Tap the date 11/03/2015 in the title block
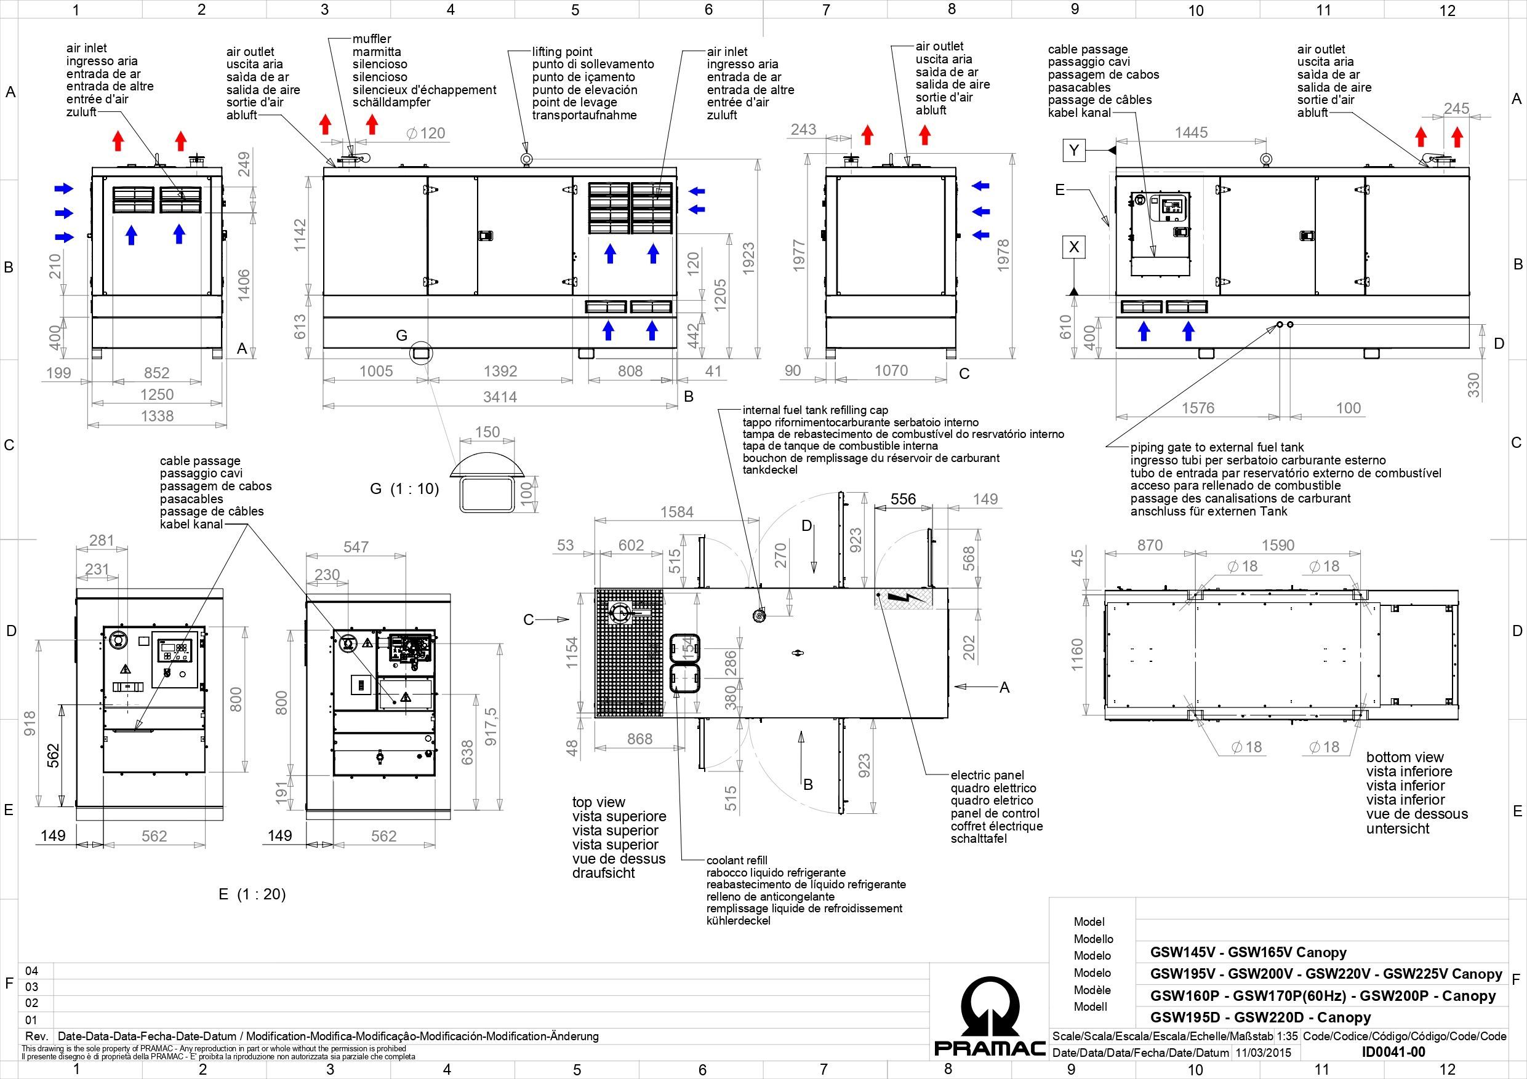(x=1263, y=1053)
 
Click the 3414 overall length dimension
(x=500, y=397)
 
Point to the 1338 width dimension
(x=157, y=416)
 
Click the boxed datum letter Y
(x=1073, y=150)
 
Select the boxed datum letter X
(x=1073, y=247)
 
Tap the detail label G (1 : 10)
(x=404, y=488)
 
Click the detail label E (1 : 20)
(x=252, y=894)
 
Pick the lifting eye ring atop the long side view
(x=526, y=158)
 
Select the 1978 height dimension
(x=1003, y=254)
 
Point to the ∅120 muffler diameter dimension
(x=426, y=133)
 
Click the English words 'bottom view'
(x=1405, y=757)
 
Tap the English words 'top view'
(x=599, y=802)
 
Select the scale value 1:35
(x=1288, y=1036)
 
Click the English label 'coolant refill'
(x=737, y=860)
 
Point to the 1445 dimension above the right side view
(x=1191, y=132)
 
